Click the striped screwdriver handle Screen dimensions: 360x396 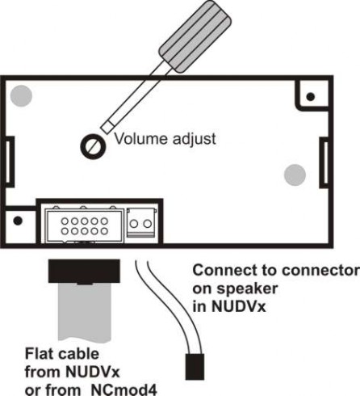[x=195, y=36]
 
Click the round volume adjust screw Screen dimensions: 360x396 [x=93, y=146]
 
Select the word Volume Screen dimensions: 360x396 [x=141, y=139]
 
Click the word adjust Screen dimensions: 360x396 [x=194, y=140]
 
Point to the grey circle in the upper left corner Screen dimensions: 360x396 [x=21, y=96]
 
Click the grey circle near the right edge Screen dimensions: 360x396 [x=295, y=175]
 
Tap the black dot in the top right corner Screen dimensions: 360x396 [x=311, y=96]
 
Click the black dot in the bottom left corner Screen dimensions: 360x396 [x=18, y=221]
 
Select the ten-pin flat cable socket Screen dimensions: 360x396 [x=84, y=225]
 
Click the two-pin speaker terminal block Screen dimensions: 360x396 [x=141, y=223]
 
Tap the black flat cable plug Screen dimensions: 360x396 [x=84, y=271]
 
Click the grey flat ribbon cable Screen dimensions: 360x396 [x=84, y=312]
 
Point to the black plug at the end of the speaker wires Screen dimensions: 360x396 [x=195, y=367]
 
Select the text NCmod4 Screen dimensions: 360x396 [x=124, y=390]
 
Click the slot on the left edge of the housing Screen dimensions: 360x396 [x=9, y=162]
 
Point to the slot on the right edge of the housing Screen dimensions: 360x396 [x=325, y=162]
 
